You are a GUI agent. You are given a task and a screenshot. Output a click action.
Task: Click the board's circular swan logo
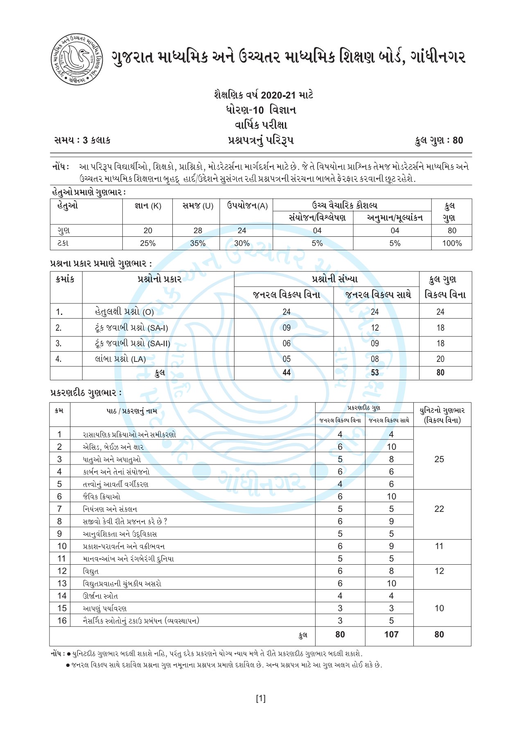coord(77,59)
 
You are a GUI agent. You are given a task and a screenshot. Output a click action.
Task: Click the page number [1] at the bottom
coord(261,698)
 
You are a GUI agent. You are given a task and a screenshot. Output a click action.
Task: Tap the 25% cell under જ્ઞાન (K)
coord(148,243)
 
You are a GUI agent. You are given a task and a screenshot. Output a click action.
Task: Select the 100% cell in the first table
coord(451,243)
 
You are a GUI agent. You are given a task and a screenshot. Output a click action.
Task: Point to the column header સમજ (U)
coord(198,206)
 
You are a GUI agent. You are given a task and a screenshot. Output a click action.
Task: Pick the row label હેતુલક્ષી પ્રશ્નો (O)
coord(124,312)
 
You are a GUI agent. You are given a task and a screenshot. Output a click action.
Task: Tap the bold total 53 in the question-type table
coord(374,372)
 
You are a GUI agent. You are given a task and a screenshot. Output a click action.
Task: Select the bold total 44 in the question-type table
coord(286,372)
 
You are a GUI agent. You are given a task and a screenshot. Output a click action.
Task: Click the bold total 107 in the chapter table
coord(391,634)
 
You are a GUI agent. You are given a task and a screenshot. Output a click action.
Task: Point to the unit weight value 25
coord(439,459)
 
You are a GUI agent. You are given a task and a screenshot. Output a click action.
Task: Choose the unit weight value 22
coord(439,509)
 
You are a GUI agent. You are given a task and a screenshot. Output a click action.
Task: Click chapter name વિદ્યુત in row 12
coord(90,571)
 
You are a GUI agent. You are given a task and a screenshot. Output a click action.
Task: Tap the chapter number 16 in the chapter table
coord(62,621)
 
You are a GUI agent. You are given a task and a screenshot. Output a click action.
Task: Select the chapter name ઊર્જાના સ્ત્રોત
coord(100,596)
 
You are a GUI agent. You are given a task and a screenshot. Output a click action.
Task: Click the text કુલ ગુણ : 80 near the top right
coord(438,141)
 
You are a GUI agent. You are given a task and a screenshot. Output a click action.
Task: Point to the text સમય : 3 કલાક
coord(82,140)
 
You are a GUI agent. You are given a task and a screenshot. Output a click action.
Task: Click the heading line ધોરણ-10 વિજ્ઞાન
coord(261,110)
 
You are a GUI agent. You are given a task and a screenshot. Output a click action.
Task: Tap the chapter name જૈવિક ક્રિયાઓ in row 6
coord(101,497)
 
